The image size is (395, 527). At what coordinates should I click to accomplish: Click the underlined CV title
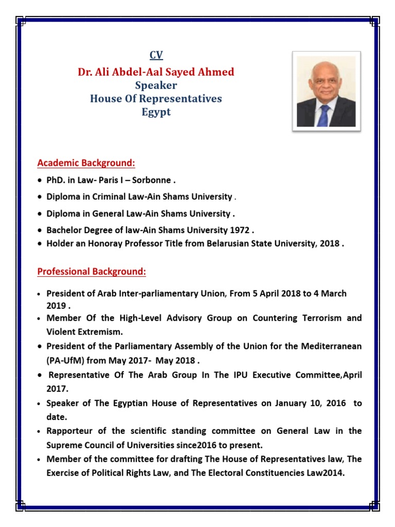[156, 55]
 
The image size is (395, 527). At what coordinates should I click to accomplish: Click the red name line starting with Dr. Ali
[156, 72]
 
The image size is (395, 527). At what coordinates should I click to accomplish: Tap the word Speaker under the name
[156, 85]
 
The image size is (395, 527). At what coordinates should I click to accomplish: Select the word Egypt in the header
[156, 112]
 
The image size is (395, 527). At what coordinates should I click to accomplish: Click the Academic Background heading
[86, 163]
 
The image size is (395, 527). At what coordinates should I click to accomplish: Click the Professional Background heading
[92, 271]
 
